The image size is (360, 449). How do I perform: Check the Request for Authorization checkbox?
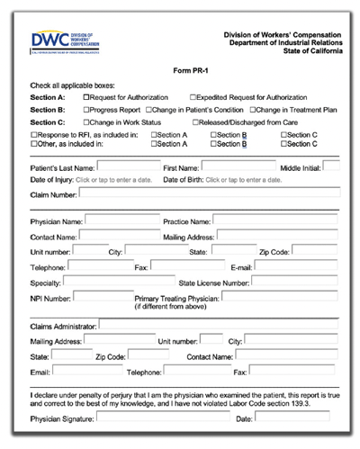pyautogui.click(x=86, y=96)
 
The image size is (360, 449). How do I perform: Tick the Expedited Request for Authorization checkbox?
pyautogui.click(x=193, y=96)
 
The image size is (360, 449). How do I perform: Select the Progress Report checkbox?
pyautogui.click(x=86, y=109)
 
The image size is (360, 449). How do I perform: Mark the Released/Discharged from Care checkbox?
pyautogui.click(x=194, y=121)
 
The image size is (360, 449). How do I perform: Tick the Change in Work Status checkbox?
pyautogui.click(x=86, y=121)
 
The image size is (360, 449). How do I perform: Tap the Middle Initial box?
pyautogui.click(x=331, y=166)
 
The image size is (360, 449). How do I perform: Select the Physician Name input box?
pyautogui.click(x=121, y=220)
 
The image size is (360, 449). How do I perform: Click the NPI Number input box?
pyautogui.click(x=100, y=297)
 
